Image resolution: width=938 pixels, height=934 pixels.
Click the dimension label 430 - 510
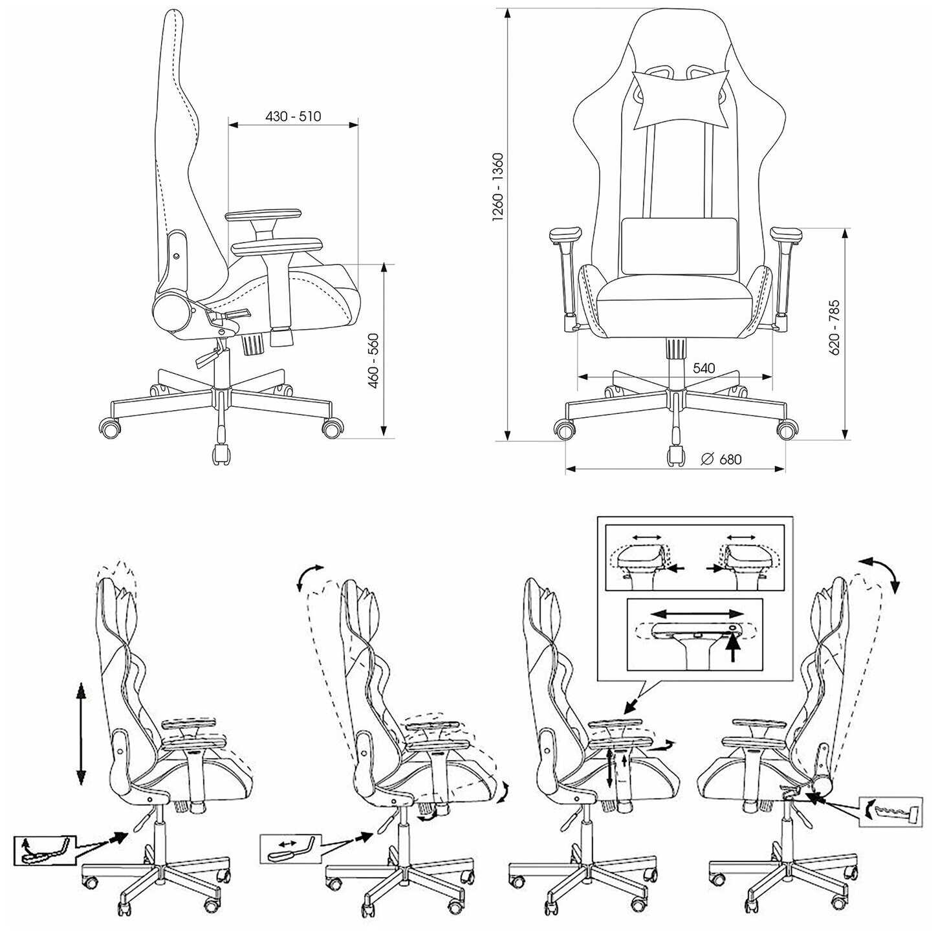[x=293, y=116]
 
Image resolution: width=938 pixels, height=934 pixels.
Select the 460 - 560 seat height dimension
[x=373, y=361]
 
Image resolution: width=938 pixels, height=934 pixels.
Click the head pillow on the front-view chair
[x=681, y=100]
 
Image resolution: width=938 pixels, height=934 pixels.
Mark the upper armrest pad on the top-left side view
[x=263, y=215]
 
